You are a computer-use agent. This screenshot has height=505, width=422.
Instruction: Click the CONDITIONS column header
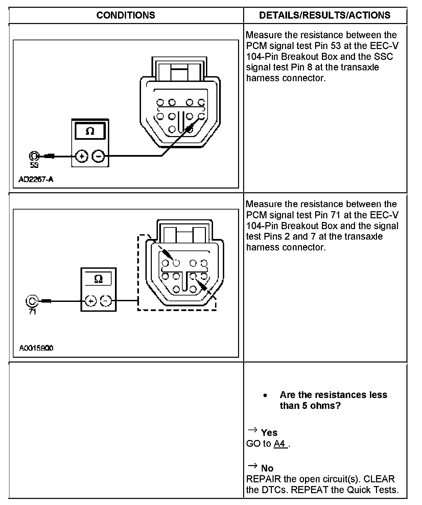coord(125,15)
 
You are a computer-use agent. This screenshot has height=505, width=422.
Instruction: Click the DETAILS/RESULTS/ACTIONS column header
coord(325,15)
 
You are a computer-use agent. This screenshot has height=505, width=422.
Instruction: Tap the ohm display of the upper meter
coord(90,131)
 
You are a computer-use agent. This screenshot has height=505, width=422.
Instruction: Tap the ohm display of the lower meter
coord(98,279)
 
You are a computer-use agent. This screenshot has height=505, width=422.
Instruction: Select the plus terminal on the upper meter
coord(81,156)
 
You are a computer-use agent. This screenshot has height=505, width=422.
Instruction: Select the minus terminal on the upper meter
coord(99,156)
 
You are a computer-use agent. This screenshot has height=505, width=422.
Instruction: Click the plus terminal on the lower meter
coord(90,301)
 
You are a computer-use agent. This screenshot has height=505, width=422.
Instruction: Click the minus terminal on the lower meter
coord(106,301)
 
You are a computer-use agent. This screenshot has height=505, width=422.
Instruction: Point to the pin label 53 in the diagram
coord(34,165)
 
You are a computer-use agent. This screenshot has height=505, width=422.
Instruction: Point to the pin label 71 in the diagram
coord(32,311)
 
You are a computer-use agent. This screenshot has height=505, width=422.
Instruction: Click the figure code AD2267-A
coord(36,179)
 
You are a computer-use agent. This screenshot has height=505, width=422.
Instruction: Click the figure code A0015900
coord(36,348)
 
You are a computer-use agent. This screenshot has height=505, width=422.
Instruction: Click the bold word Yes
coord(269,433)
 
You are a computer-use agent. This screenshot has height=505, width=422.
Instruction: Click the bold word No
coord(267,468)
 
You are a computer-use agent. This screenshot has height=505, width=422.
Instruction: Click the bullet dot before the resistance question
coord(266,395)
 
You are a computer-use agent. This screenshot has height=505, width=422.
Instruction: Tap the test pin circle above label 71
coord(31,301)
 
